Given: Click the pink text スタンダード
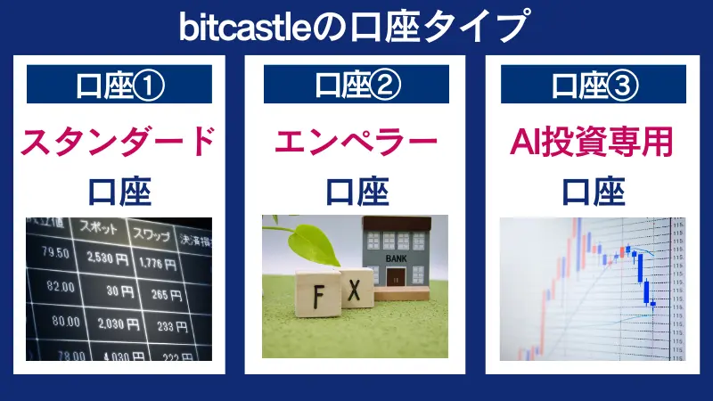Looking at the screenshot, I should pyautogui.click(x=119, y=141).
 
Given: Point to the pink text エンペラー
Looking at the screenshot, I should pyautogui.click(x=356, y=141).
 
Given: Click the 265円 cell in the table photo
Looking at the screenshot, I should pyautogui.click(x=161, y=295).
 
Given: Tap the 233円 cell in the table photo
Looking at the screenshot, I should pyautogui.click(x=164, y=327).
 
